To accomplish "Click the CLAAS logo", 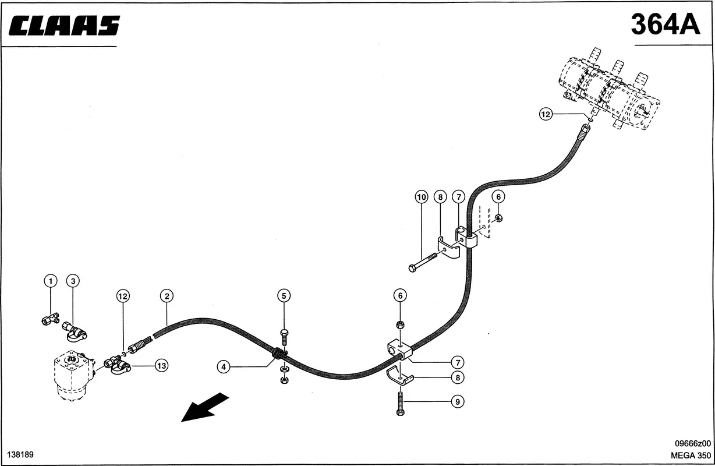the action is pyautogui.click(x=64, y=25).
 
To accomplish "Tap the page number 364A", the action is pyautogui.click(x=665, y=24).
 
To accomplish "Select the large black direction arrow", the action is pyautogui.click(x=205, y=407).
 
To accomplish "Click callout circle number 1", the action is pyautogui.click(x=51, y=281).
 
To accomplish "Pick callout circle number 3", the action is pyautogui.click(x=73, y=281).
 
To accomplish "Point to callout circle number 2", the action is pyautogui.click(x=167, y=296).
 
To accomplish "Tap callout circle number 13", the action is pyautogui.click(x=161, y=365).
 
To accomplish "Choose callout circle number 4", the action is pyautogui.click(x=224, y=366).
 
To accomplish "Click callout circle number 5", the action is pyautogui.click(x=284, y=296).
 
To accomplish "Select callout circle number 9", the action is pyautogui.click(x=458, y=401).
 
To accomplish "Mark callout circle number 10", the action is pyautogui.click(x=422, y=197).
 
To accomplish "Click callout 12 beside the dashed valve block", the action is pyautogui.click(x=546, y=114).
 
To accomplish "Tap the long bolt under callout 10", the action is pyautogui.click(x=423, y=262).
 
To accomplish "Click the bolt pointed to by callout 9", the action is pyautogui.click(x=400, y=404).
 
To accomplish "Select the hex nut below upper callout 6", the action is pyautogui.click(x=498, y=218).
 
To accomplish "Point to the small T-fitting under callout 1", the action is pyautogui.click(x=51, y=319).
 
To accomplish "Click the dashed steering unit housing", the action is pyautogui.click(x=75, y=375).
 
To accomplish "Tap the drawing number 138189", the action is pyautogui.click(x=20, y=454).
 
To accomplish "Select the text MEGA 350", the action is pyautogui.click(x=691, y=456).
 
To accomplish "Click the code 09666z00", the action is pyautogui.click(x=693, y=443).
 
